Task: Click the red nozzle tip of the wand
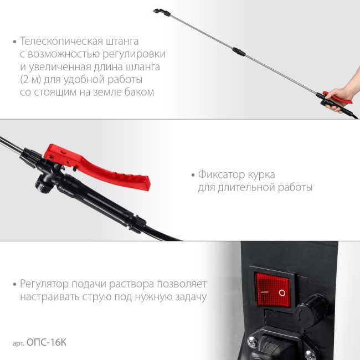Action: coord(161,11)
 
